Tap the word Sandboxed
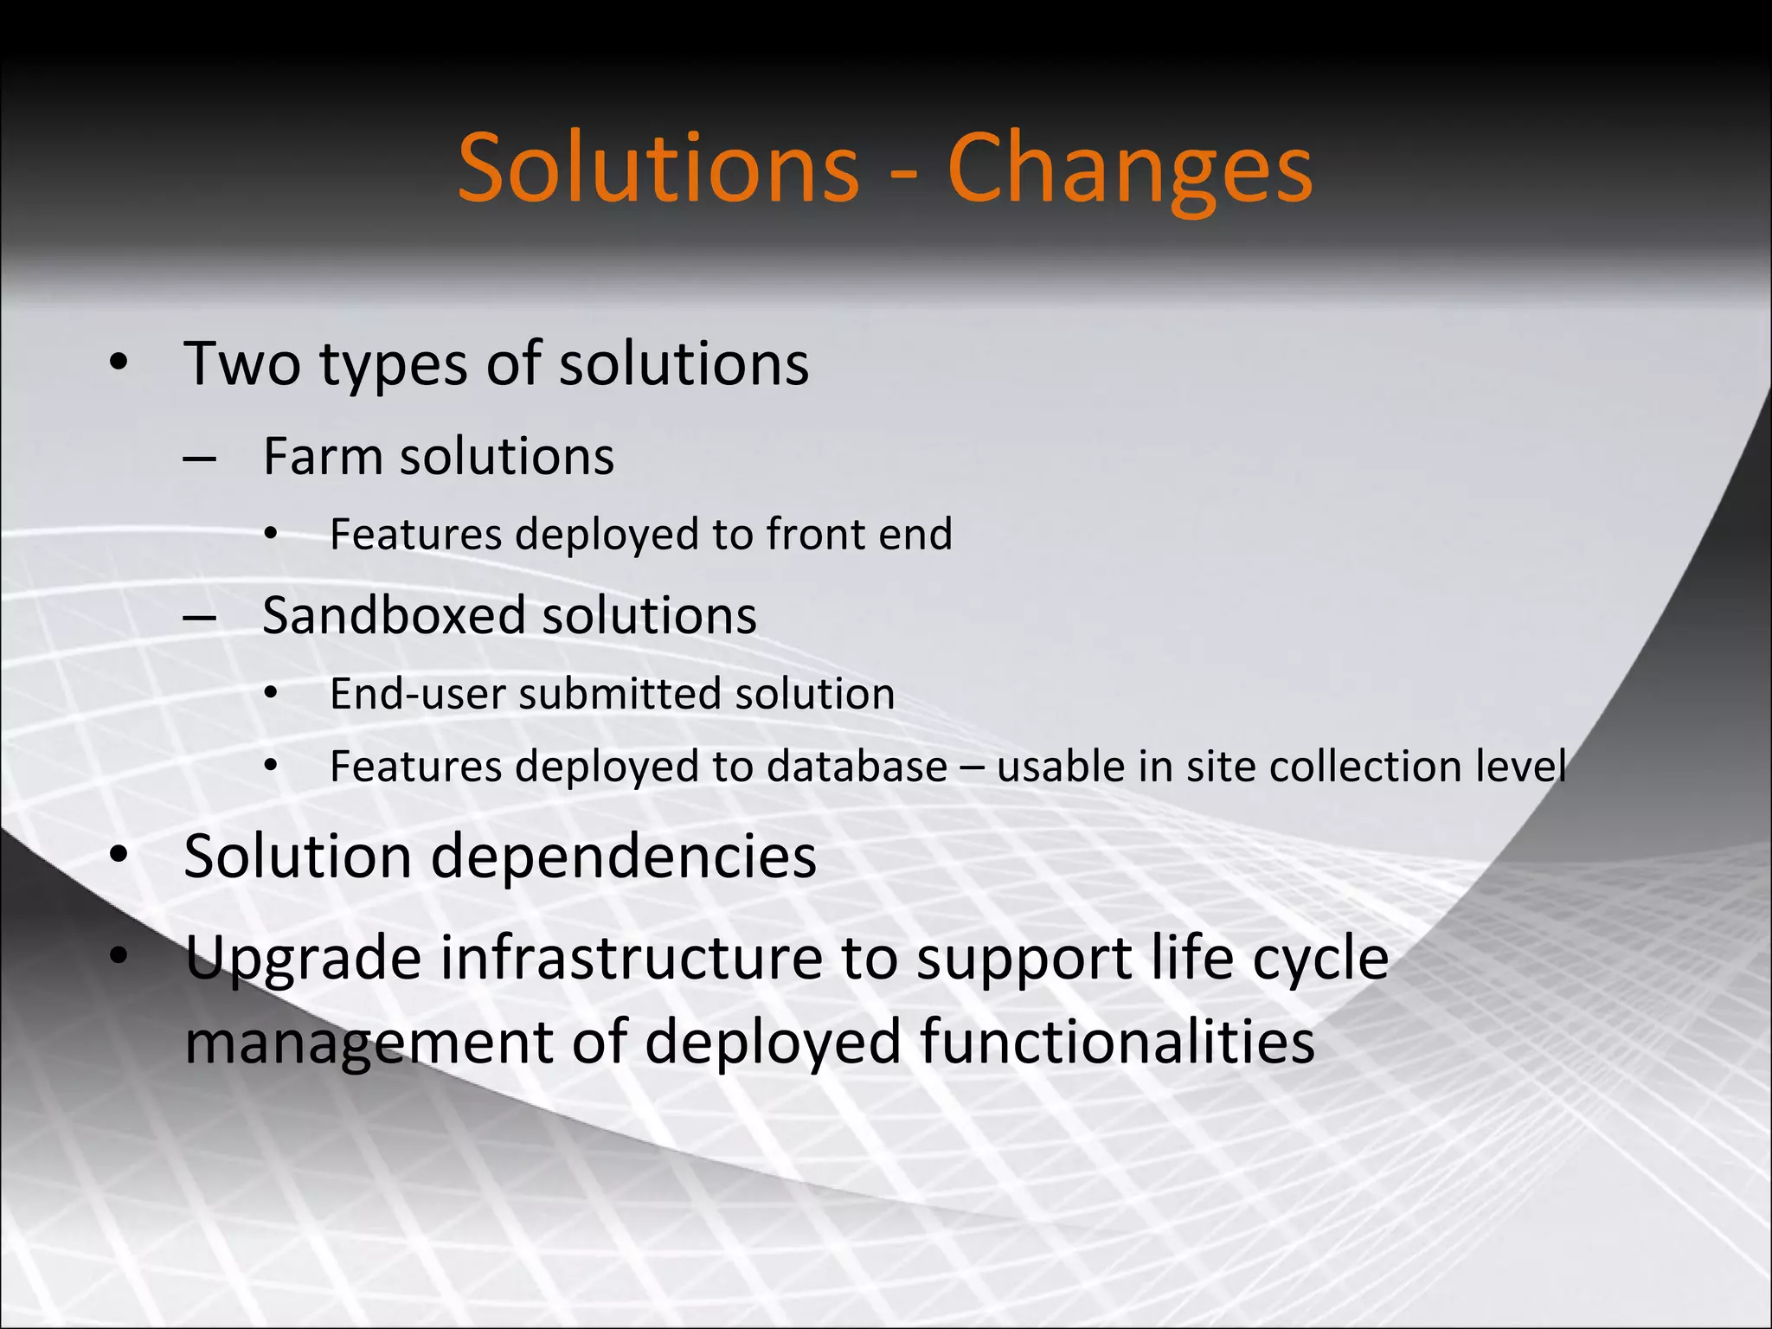click(x=394, y=615)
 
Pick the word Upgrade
click(x=304, y=960)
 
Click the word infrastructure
click(x=632, y=959)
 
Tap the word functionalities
click(x=1117, y=1041)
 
